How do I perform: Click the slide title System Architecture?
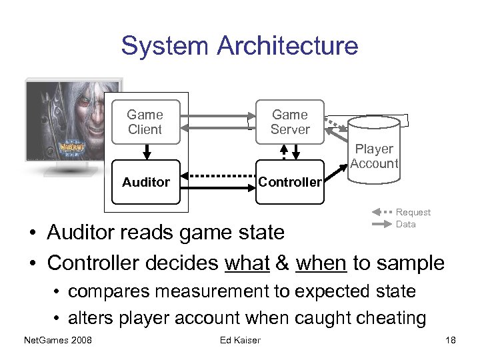pyautogui.click(x=239, y=46)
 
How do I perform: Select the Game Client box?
pyautogui.click(x=145, y=122)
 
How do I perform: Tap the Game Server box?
pyautogui.click(x=290, y=122)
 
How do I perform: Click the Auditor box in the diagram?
pyautogui.click(x=145, y=181)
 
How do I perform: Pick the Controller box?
pyautogui.click(x=290, y=182)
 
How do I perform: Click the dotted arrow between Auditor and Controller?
pyautogui.click(x=219, y=177)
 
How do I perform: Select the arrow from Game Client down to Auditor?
pyautogui.click(x=145, y=152)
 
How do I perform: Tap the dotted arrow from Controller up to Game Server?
pyautogui.click(x=284, y=152)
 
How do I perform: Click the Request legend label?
pyautogui.click(x=413, y=212)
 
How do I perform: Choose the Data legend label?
pyautogui.click(x=405, y=224)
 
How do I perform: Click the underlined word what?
pyautogui.click(x=247, y=263)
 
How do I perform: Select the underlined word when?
pyautogui.click(x=321, y=263)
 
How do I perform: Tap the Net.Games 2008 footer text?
pyautogui.click(x=57, y=341)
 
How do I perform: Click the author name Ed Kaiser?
pyautogui.click(x=240, y=341)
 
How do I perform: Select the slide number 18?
pyautogui.click(x=451, y=341)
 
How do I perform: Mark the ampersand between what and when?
pyautogui.click(x=283, y=263)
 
